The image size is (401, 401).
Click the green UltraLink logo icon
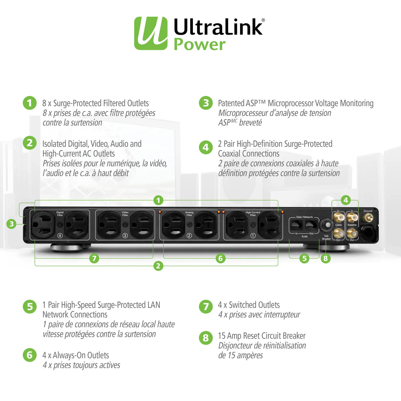pyautogui.click(x=151, y=33)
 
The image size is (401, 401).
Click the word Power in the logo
pyautogui.click(x=199, y=45)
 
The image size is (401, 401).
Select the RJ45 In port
pyautogui.click(x=296, y=225)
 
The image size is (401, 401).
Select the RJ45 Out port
pyautogui.click(x=311, y=225)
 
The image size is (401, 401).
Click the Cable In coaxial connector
pyautogui.click(x=339, y=218)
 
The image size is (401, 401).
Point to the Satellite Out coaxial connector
pyautogui.click(x=352, y=233)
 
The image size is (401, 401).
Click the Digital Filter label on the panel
pyautogui.click(x=60, y=214)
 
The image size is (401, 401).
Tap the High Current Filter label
pyautogui.click(x=253, y=214)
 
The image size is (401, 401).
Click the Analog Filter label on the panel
pyautogui.click(x=189, y=214)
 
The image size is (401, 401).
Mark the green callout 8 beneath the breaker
pyautogui.click(x=325, y=258)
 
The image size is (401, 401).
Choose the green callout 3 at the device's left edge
pyautogui.click(x=12, y=224)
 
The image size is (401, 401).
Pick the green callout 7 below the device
pyautogui.click(x=94, y=258)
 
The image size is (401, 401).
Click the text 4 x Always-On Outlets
pyautogui.click(x=76, y=355)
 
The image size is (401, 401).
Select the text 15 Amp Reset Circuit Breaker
pyautogui.click(x=262, y=336)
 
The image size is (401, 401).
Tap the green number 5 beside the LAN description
pyautogui.click(x=30, y=306)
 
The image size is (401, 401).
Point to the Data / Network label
pyautogui.click(x=304, y=217)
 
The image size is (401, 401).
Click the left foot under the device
pyautogui.click(x=67, y=248)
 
